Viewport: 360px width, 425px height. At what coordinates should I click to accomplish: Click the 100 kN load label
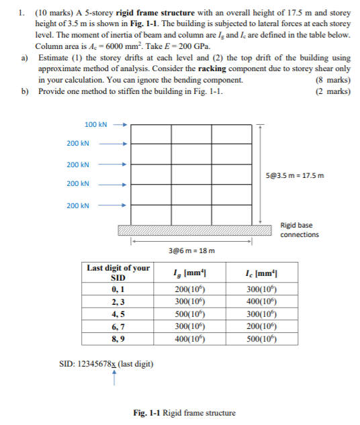[95, 124]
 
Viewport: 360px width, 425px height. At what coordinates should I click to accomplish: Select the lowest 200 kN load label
[78, 205]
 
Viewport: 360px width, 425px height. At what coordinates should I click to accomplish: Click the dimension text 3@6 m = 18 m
[191, 250]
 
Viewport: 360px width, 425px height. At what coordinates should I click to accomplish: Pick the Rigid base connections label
[296, 230]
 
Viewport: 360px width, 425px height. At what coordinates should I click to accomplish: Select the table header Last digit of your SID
[118, 272]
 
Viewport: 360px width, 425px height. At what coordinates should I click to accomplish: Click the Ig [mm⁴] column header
[190, 272]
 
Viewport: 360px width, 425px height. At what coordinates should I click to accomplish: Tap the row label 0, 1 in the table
[118, 289]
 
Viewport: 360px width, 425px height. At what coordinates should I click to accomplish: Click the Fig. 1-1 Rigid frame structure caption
[185, 412]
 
